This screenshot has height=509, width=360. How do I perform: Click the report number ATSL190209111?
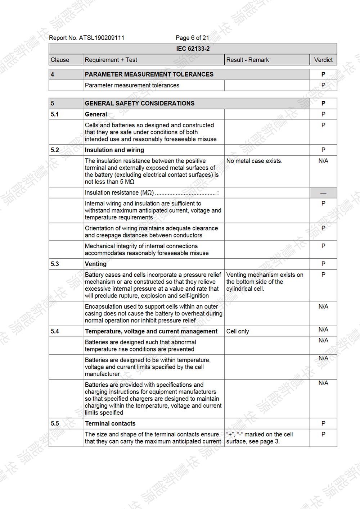[86, 38]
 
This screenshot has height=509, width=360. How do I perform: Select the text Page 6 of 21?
[192, 38]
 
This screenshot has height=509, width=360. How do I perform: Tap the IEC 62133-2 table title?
[193, 49]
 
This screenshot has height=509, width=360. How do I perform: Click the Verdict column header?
[323, 60]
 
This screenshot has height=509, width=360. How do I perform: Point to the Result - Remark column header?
[247, 60]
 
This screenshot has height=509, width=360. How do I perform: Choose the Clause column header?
[60, 60]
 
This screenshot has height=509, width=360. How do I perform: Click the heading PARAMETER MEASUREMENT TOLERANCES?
[149, 74]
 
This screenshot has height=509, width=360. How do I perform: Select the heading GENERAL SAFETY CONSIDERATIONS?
[140, 103]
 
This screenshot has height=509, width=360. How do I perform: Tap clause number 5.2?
[55, 150]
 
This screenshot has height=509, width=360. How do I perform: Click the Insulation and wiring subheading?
[114, 150]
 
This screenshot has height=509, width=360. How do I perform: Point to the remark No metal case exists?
[254, 161]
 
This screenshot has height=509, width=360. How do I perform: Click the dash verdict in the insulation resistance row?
[323, 193]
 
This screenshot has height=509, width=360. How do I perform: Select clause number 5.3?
[55, 264]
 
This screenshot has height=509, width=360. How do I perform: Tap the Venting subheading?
[96, 264]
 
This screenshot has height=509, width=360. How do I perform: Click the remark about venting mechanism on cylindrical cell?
[264, 282]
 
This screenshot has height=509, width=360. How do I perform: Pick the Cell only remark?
[238, 331]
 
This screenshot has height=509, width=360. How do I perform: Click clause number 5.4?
[55, 331]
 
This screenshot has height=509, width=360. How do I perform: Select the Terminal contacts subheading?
[110, 423]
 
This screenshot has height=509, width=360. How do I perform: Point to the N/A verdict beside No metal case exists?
[323, 161]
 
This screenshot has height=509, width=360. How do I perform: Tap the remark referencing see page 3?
[259, 438]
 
